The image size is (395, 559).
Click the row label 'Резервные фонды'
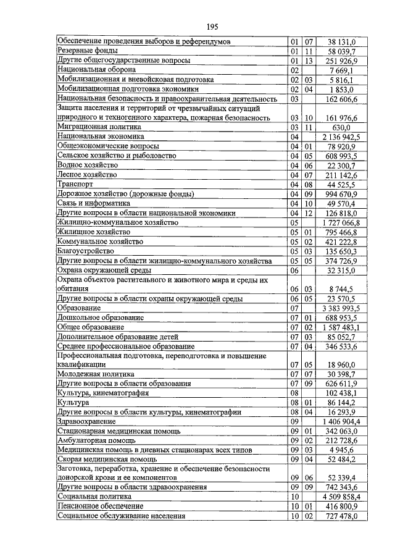pyautogui.click(x=88, y=51)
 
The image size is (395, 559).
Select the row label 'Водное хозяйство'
pyautogui.click(x=87, y=166)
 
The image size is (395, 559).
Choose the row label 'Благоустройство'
pyautogui.click(x=86, y=251)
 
